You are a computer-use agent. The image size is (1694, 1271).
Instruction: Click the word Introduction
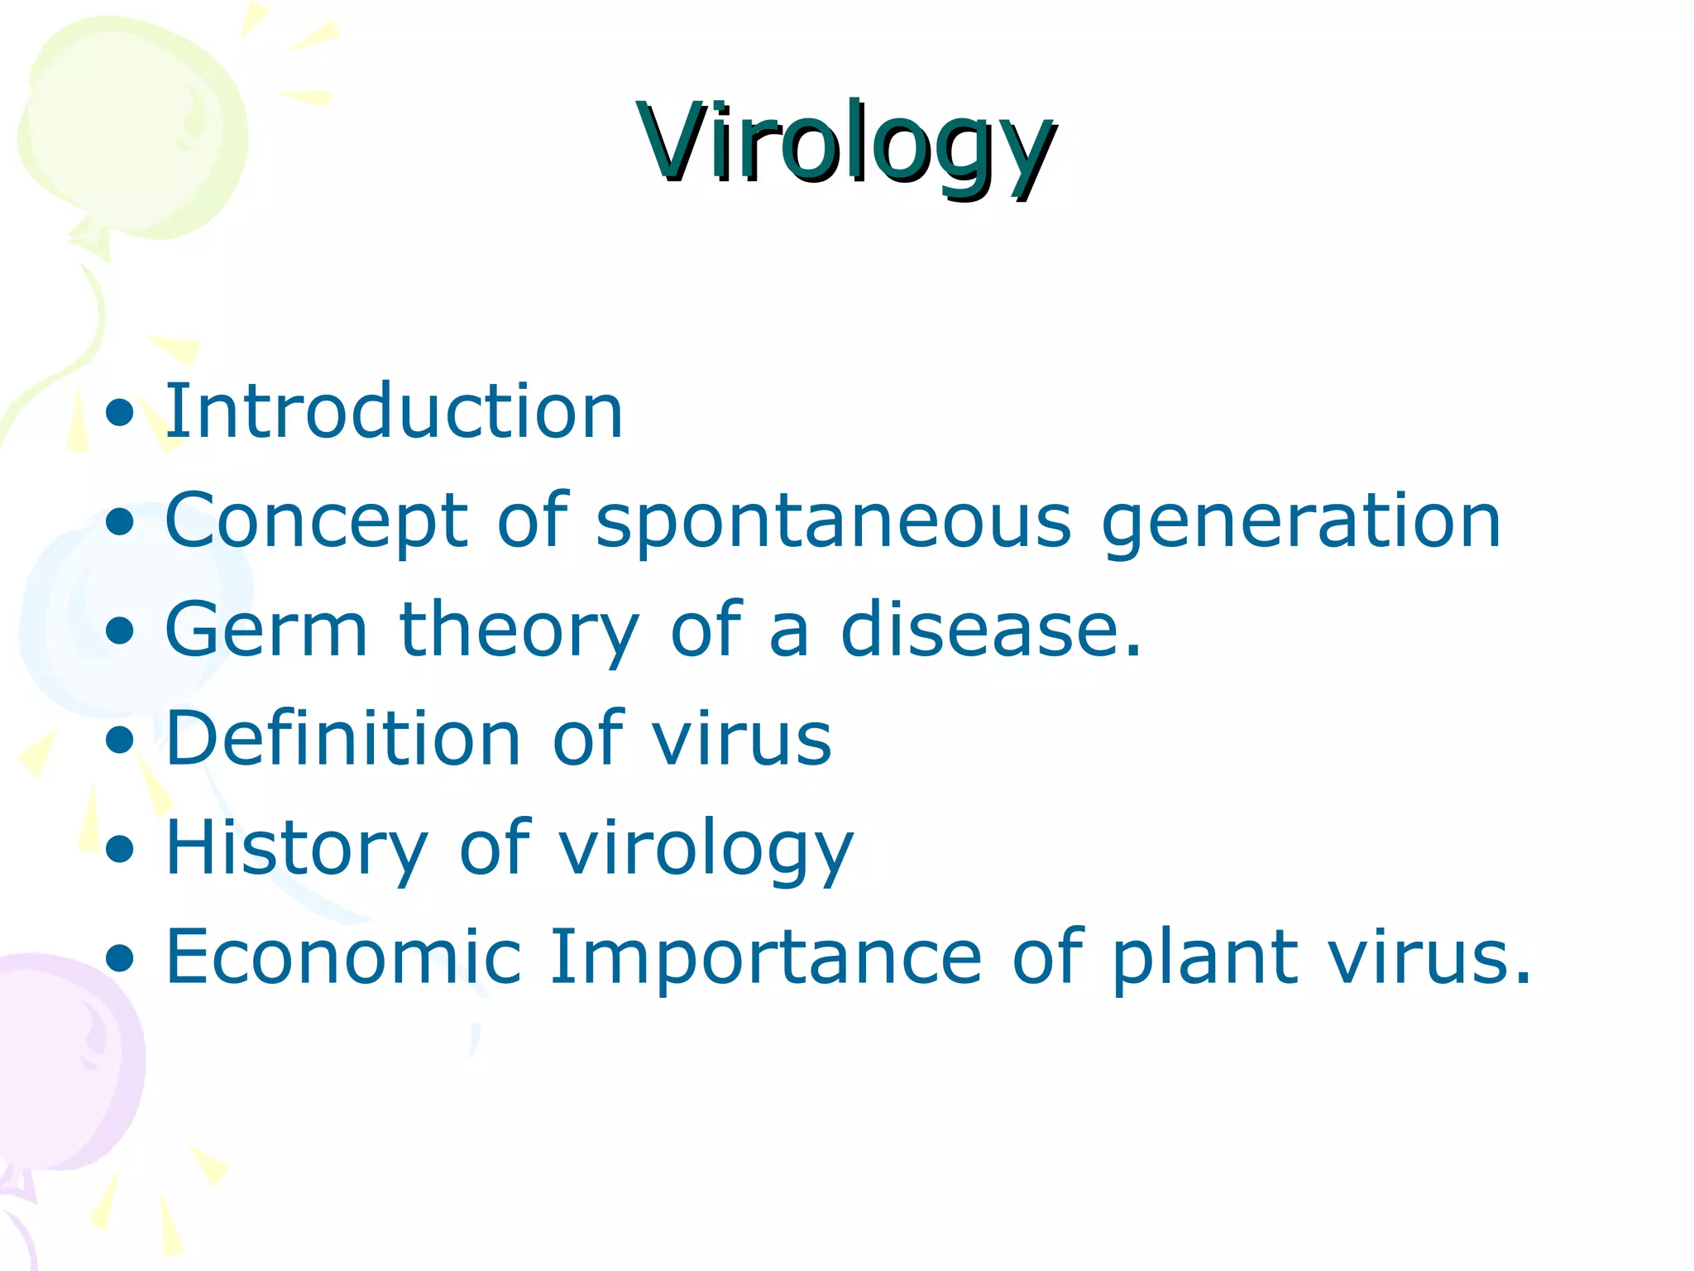(x=394, y=411)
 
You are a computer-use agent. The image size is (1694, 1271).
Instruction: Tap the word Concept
(x=316, y=521)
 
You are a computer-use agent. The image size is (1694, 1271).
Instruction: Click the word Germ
(x=266, y=631)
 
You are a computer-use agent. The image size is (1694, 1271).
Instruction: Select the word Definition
(x=342, y=739)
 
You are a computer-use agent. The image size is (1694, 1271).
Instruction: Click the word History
(x=297, y=849)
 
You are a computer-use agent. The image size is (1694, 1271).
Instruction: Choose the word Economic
(x=343, y=957)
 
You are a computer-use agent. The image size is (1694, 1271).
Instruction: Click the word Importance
(x=765, y=957)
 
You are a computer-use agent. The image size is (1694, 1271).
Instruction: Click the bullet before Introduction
(x=121, y=413)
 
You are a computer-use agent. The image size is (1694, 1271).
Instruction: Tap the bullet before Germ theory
(x=121, y=631)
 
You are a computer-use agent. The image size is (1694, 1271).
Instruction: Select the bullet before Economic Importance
(x=121, y=959)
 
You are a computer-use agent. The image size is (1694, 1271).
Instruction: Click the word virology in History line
(x=706, y=849)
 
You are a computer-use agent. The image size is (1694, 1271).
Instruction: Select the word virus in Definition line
(x=741, y=739)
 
